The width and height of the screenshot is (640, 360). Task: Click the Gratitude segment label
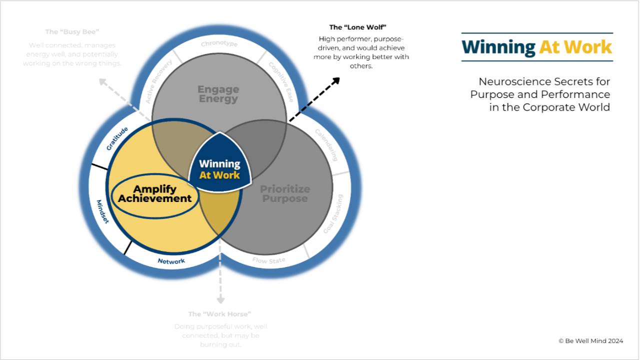[x=117, y=138]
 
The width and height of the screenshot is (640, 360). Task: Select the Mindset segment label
[x=102, y=211]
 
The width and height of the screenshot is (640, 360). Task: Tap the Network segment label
[x=171, y=261]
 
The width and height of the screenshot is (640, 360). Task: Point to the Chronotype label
[x=219, y=44]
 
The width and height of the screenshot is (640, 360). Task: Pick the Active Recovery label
[x=158, y=81]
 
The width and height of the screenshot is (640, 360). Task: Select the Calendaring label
[x=326, y=145]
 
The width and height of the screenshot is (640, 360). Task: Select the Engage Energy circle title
[x=218, y=93]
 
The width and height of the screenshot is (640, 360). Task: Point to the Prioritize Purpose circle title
[x=284, y=193]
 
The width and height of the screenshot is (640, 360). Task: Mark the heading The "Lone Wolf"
[x=357, y=27]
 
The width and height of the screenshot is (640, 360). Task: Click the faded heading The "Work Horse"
[x=219, y=314]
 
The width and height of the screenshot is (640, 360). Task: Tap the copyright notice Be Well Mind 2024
[x=590, y=341]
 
